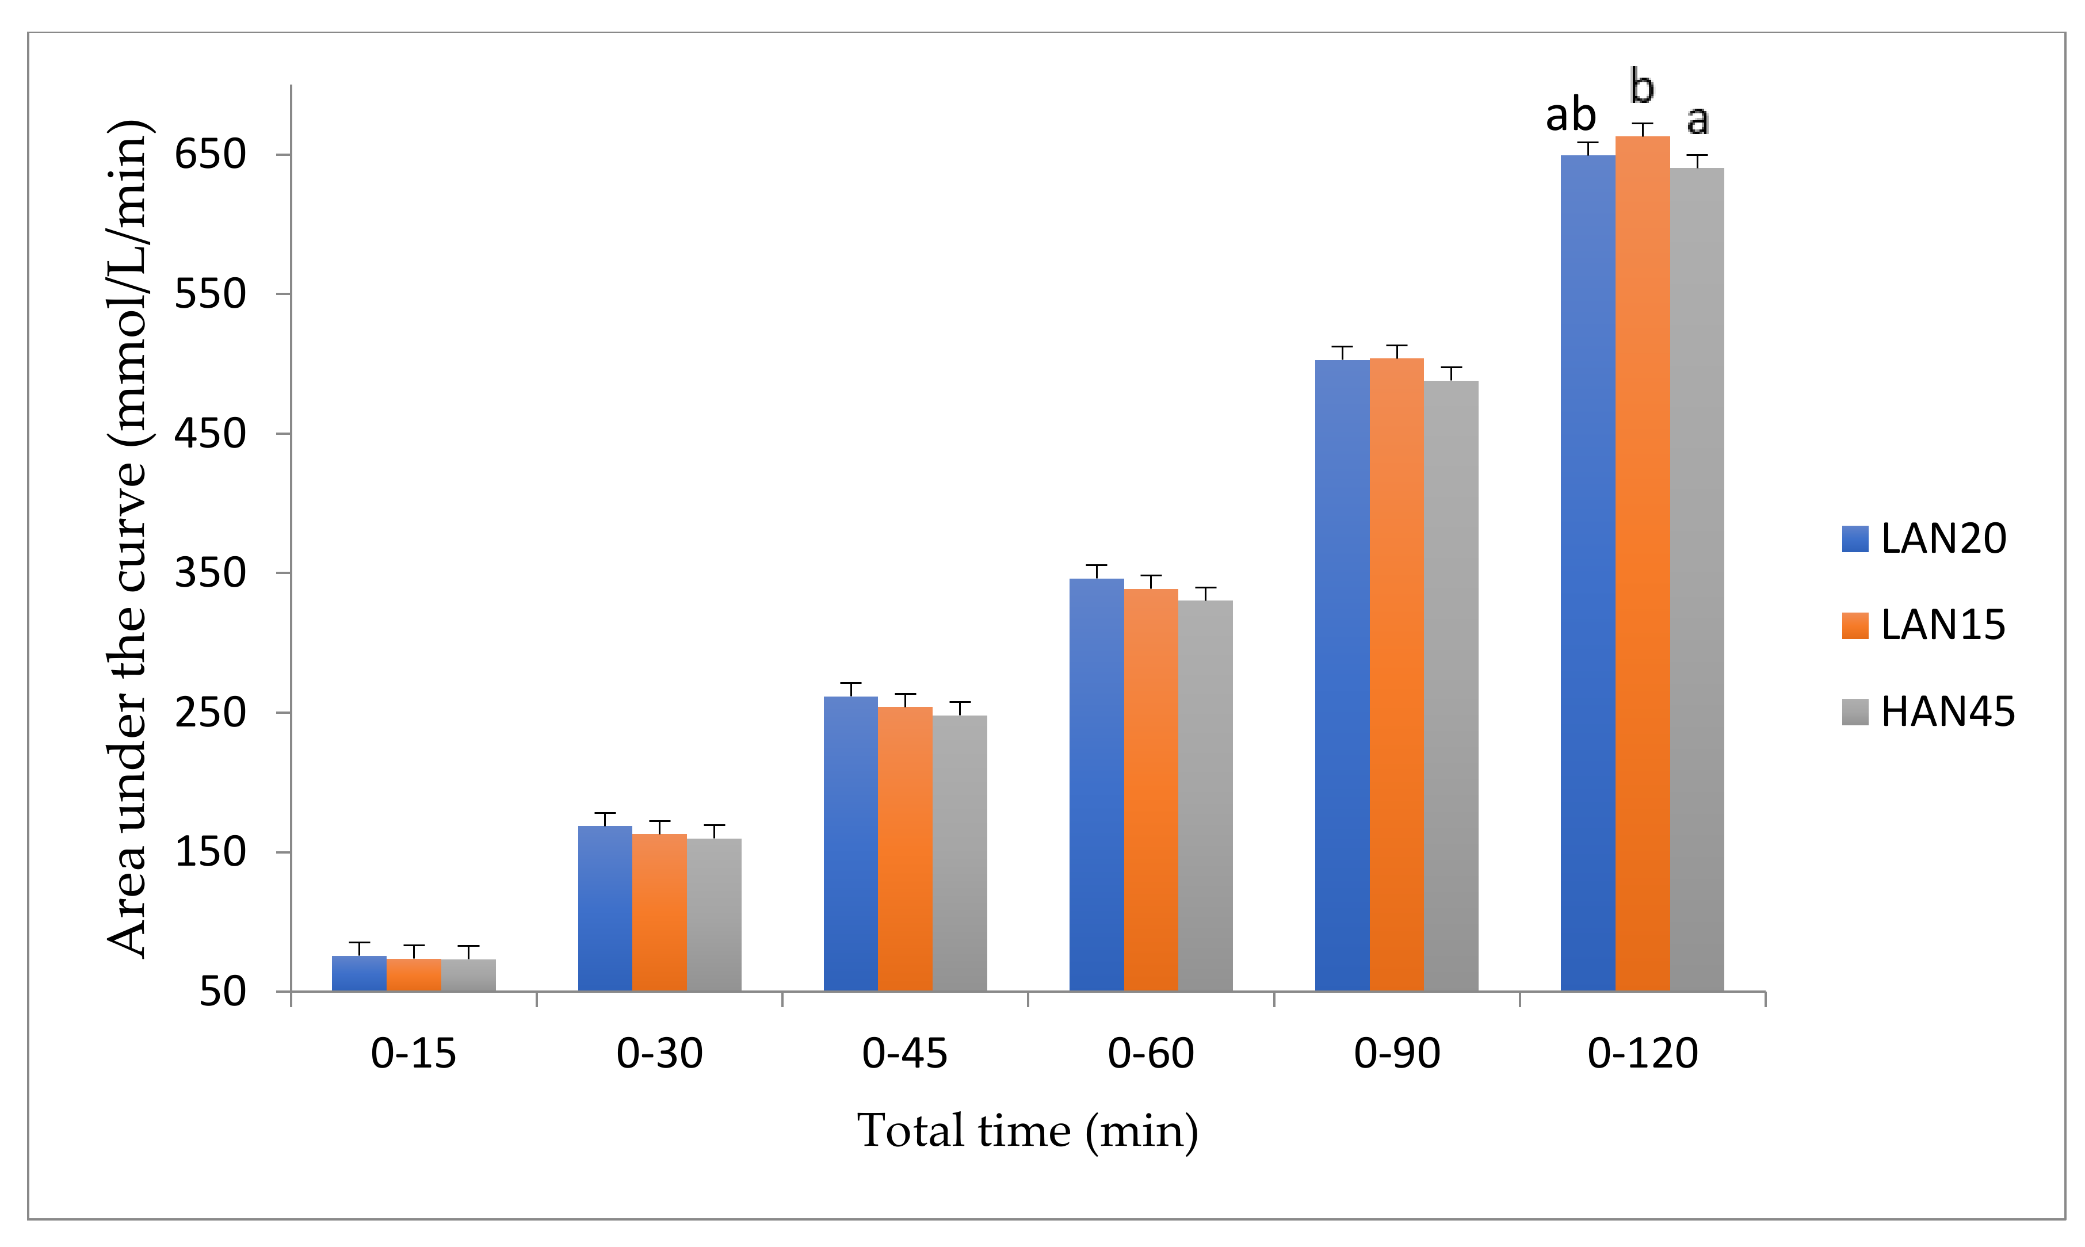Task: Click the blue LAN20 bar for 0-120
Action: point(1587,571)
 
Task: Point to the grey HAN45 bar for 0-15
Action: point(468,975)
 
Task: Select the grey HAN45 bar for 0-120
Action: point(1696,580)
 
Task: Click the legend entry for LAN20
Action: point(1924,538)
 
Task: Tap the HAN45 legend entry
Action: point(1929,712)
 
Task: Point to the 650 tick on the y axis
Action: point(210,155)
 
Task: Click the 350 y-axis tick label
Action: point(210,573)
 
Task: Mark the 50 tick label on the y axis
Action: point(222,992)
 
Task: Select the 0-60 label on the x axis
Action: point(1151,1054)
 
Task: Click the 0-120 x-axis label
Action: point(1642,1054)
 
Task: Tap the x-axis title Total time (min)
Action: point(1027,1131)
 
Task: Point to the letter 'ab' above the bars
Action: point(1570,115)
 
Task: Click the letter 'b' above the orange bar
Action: point(1641,86)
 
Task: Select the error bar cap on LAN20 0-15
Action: point(359,943)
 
